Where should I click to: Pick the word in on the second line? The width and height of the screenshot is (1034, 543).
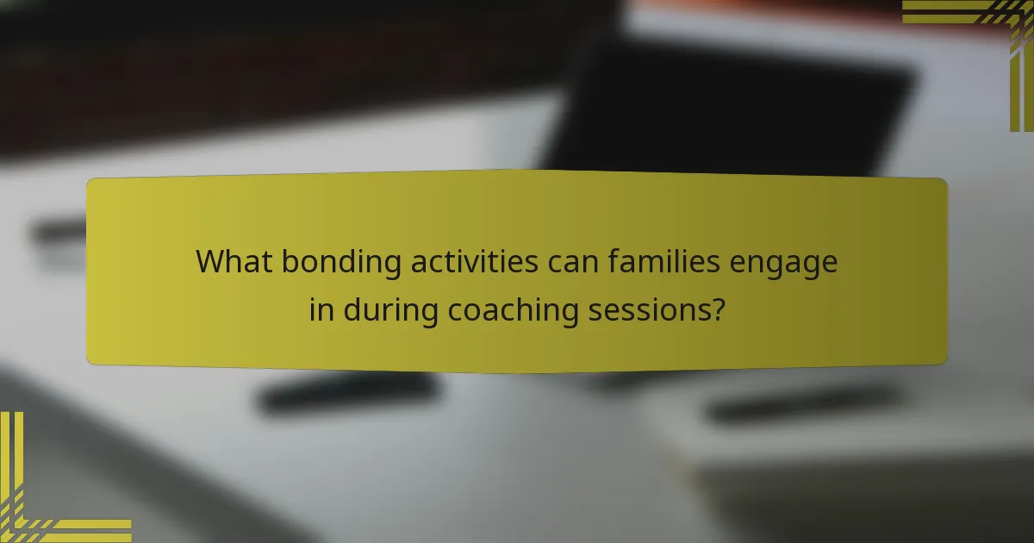321,310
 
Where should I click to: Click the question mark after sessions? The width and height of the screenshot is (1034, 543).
716,310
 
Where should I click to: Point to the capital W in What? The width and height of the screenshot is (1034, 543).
211,261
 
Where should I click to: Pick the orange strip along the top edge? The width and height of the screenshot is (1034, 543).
819,7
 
